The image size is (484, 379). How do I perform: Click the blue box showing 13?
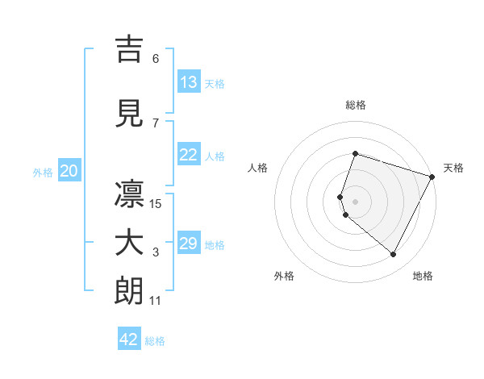[x=189, y=82]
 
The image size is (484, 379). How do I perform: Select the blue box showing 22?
[x=189, y=156]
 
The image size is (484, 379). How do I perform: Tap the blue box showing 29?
[x=189, y=244]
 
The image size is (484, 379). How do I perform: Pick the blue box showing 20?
[x=69, y=171]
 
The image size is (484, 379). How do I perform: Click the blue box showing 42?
[x=129, y=339]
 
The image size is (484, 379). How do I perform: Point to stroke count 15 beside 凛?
[x=156, y=204]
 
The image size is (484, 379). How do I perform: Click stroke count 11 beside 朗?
[x=156, y=301]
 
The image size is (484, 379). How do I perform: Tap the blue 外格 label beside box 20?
[x=43, y=172]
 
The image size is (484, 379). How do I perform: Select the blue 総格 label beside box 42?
[x=155, y=341]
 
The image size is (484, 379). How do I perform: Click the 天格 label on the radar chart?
[x=453, y=168]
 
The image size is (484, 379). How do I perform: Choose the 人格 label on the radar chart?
[x=258, y=168]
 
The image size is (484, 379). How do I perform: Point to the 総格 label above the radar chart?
[x=356, y=105]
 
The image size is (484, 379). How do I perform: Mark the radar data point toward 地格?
[x=393, y=255]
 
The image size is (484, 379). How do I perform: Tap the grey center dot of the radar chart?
[x=355, y=202]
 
